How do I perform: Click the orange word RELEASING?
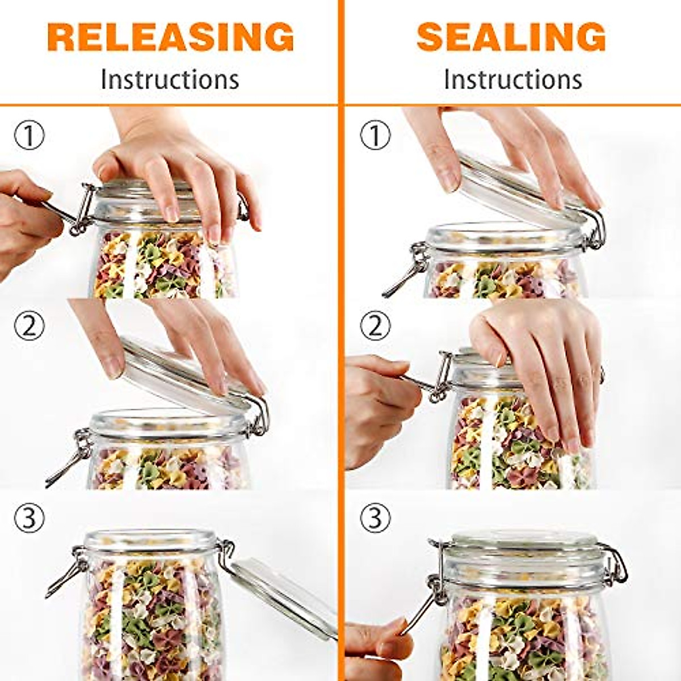coord(171,37)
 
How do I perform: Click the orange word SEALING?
coord(511,37)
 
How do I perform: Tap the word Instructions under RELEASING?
coord(170,79)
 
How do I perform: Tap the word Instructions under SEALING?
coord(512,79)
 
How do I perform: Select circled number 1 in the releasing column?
coord(29,136)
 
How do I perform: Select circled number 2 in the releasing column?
coord(29,326)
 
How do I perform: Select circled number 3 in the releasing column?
coord(29,518)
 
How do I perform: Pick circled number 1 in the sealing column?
coord(375,136)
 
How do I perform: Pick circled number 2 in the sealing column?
coord(375,326)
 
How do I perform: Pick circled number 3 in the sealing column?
coord(375,518)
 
